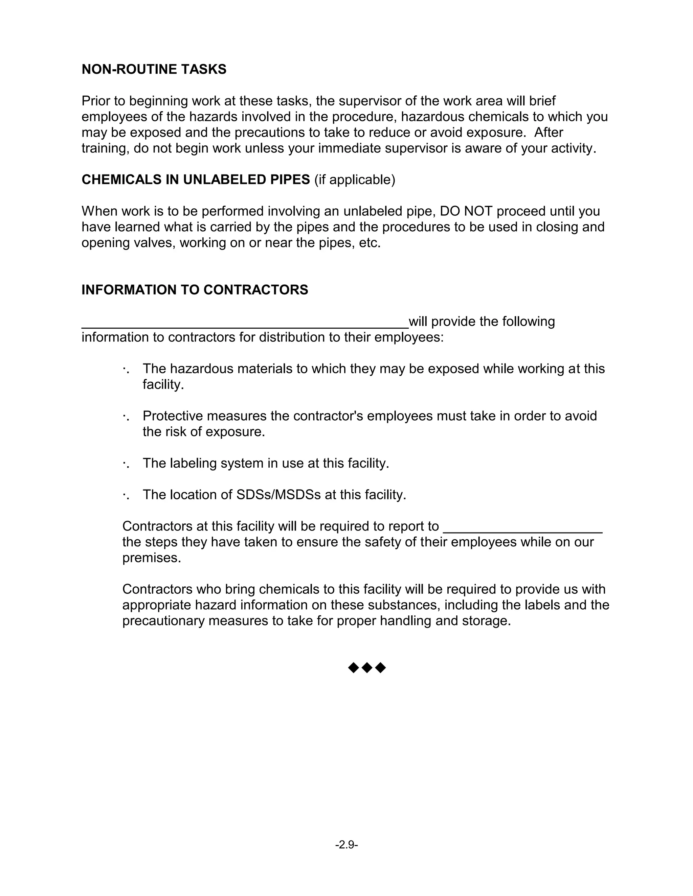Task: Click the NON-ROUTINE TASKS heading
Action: click(154, 69)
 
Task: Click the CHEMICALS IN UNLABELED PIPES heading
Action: click(196, 180)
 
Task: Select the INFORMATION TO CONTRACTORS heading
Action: click(195, 290)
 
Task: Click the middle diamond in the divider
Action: click(367, 668)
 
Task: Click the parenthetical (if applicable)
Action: click(355, 180)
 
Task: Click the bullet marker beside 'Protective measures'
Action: click(125, 417)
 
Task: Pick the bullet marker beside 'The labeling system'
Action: click(125, 464)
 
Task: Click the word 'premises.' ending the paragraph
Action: click(152, 558)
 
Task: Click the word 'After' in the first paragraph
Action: click(549, 133)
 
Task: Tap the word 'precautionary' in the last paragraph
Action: click(163, 621)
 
